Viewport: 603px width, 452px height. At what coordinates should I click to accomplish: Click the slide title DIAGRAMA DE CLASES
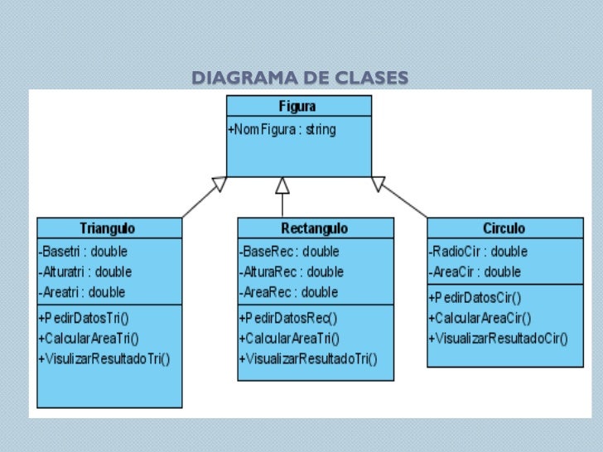[x=299, y=79]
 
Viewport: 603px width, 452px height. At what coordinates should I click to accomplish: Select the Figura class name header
[x=297, y=106]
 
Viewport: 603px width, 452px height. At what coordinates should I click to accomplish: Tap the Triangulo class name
[x=108, y=228]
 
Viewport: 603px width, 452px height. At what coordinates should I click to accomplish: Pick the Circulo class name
[x=504, y=228]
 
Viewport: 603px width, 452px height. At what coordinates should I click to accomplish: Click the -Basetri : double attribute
[x=83, y=252]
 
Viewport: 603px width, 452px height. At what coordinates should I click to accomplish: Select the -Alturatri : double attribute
[x=85, y=272]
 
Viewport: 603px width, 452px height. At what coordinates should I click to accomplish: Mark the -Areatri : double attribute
[x=82, y=291]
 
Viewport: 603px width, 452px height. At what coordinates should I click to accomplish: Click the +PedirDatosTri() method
[x=89, y=317]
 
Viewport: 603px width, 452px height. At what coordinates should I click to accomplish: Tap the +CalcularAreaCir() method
[x=480, y=317]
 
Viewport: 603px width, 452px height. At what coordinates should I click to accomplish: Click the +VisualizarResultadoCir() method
[x=498, y=338]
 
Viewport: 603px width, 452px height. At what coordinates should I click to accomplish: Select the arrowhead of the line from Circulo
[x=378, y=183]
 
